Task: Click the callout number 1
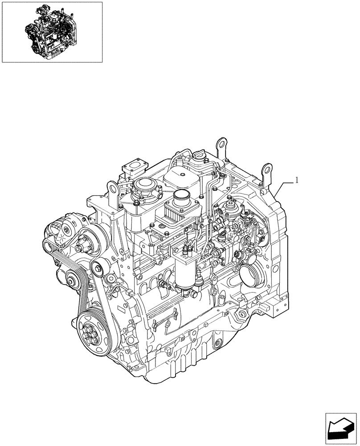click(297, 181)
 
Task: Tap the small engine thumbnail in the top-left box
click(52, 32)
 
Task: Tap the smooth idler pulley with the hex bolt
click(97, 268)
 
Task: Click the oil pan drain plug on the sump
click(217, 345)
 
